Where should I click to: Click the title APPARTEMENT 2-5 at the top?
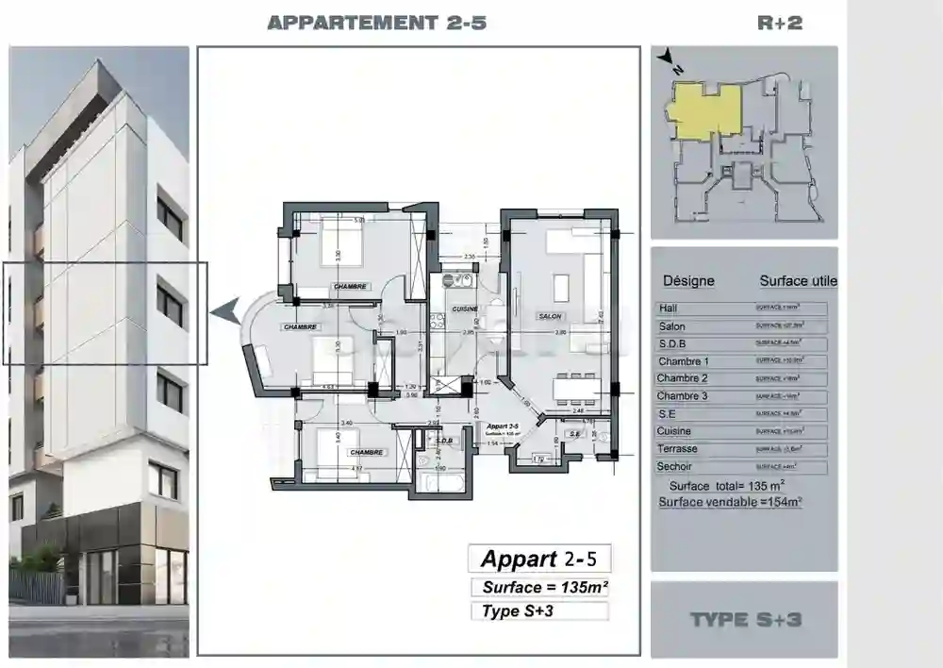(376, 24)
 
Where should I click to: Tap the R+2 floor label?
(780, 24)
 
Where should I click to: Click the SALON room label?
(550, 316)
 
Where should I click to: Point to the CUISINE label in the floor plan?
(464, 309)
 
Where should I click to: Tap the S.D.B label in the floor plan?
(444, 440)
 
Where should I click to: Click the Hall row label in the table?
(669, 309)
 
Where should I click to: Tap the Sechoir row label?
(675, 466)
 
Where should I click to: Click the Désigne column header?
(688, 281)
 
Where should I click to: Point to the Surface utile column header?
(798, 281)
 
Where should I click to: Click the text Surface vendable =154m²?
(730, 502)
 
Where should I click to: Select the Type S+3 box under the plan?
(538, 611)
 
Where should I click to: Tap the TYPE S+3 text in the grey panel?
(745, 620)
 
